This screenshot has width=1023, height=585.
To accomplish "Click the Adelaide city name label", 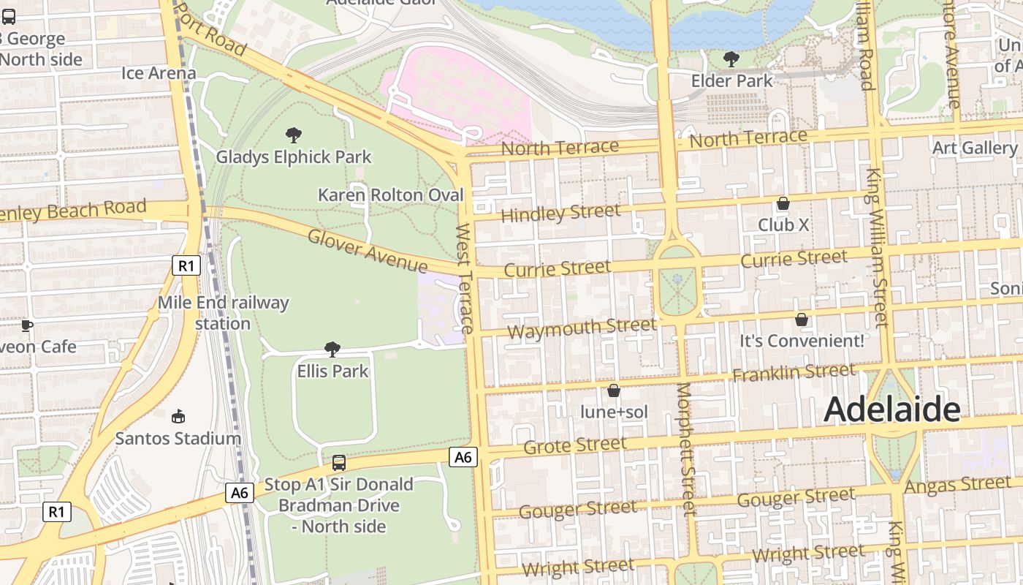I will click(x=891, y=410).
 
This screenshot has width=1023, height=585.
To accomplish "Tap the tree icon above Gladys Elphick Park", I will click(x=294, y=135).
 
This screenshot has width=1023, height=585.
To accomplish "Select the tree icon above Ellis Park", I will click(x=332, y=349).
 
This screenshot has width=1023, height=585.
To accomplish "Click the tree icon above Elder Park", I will click(x=731, y=58).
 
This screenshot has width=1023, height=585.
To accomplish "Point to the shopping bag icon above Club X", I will click(x=783, y=203).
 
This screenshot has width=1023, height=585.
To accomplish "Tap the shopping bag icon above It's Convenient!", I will click(x=802, y=320).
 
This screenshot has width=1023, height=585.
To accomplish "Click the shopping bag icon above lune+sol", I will click(x=614, y=390).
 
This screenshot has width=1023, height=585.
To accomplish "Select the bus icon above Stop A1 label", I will click(x=339, y=462).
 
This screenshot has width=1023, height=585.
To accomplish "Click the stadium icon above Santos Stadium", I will click(x=178, y=417).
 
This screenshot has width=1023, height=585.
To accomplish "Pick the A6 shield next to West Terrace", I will click(x=463, y=457).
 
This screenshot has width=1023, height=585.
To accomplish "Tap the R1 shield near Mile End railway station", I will click(x=186, y=265).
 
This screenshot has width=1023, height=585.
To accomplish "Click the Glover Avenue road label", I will click(x=368, y=251).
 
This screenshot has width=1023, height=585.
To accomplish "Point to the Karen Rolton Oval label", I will click(x=391, y=195).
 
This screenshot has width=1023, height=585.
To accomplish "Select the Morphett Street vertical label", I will click(x=687, y=449).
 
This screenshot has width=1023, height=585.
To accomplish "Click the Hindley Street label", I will click(x=560, y=214).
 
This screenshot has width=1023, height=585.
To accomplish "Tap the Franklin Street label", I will click(x=794, y=373).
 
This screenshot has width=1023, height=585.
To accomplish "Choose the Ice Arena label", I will click(x=159, y=73).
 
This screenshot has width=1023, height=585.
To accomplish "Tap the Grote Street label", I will click(x=575, y=445).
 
